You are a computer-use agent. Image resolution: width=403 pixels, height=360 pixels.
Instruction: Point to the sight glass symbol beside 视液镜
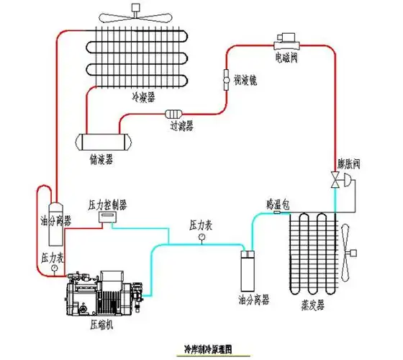coord(225,76)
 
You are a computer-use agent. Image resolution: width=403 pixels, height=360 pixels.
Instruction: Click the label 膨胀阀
coord(348,163)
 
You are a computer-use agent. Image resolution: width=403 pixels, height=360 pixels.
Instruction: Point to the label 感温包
coord(277,203)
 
